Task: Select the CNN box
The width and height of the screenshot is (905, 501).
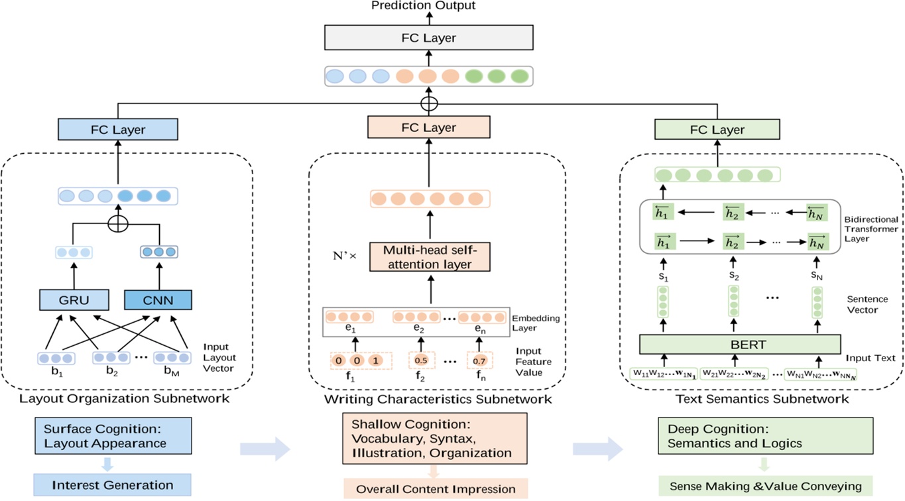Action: (158, 300)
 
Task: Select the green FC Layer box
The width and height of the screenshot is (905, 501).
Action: (717, 130)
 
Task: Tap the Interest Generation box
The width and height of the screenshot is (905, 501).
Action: (112, 485)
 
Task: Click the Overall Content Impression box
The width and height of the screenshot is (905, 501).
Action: (436, 489)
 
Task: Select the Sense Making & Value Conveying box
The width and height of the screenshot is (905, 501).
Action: (765, 486)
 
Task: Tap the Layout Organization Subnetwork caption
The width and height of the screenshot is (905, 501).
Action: (125, 399)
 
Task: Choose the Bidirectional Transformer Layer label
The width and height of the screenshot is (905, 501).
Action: (871, 229)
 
